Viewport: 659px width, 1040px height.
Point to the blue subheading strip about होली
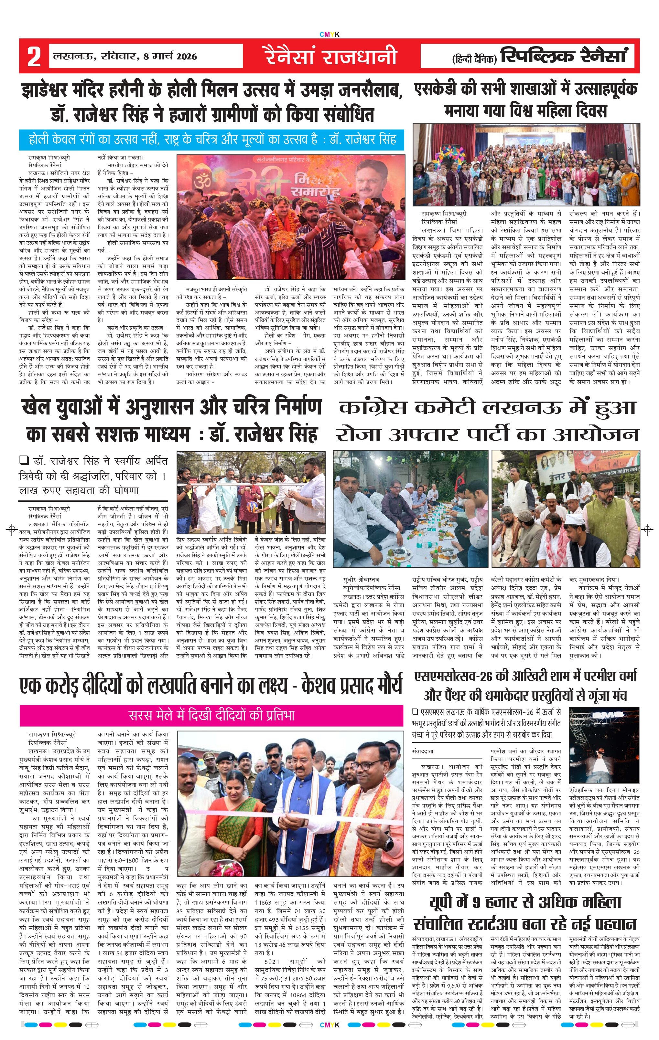pyautogui.click(x=212, y=140)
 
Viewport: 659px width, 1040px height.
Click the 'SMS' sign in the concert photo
pyautogui.click(x=603, y=715)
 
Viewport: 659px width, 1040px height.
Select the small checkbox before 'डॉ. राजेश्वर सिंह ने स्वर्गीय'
pyautogui.click(x=24, y=460)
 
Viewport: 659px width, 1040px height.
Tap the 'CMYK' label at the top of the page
pyautogui.click(x=329, y=35)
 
